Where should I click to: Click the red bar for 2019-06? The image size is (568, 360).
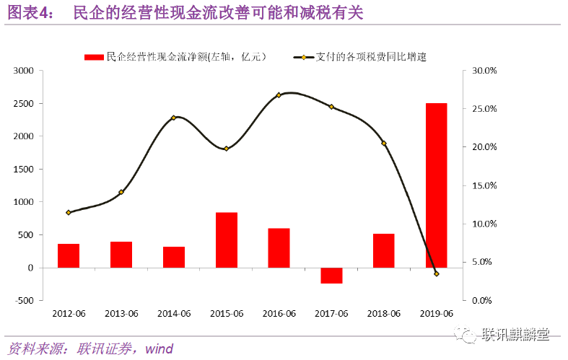point(436,185)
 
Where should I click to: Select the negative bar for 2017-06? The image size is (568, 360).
point(331,275)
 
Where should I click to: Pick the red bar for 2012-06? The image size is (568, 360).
point(69,255)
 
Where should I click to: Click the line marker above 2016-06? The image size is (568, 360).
point(279,95)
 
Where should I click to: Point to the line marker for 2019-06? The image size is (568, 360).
point(436,273)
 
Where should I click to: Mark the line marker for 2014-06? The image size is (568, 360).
point(173,118)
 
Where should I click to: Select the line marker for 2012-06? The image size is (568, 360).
point(69,213)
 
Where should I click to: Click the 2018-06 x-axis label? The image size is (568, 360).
point(383,313)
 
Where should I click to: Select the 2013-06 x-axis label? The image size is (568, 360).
point(121,313)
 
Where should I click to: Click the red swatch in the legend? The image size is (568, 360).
point(94,56)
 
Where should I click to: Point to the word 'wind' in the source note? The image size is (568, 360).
point(159,349)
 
